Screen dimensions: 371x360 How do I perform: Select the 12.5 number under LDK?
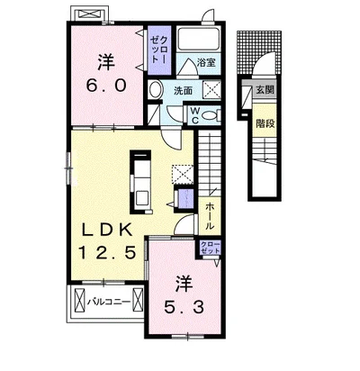tap(107, 253)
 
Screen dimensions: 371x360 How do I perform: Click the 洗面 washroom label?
tap(184, 90)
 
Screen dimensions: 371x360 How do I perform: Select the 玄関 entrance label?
tap(265, 90)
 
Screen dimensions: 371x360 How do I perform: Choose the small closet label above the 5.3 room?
tap(209, 247)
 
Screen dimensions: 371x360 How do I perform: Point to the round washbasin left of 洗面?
tap(155, 90)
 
